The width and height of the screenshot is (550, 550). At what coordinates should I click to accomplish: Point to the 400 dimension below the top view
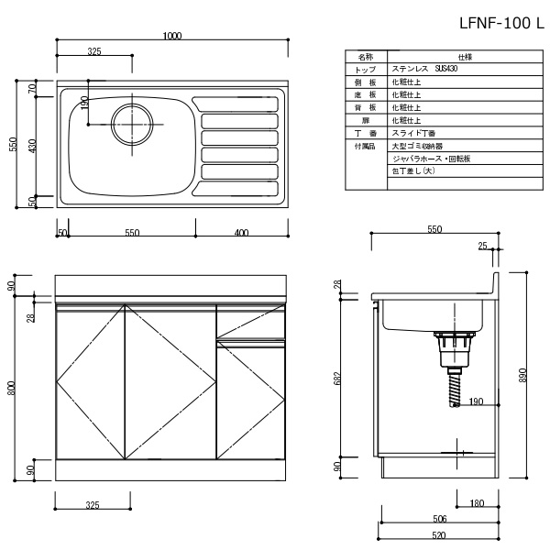(x=241, y=234)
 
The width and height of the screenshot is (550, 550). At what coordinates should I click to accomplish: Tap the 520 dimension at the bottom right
(x=439, y=534)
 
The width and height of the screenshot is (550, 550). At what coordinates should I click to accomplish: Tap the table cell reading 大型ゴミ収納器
(x=417, y=146)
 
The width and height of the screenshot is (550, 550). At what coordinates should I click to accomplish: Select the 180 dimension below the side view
(x=478, y=502)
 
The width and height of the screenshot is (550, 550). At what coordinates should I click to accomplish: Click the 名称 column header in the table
(x=366, y=56)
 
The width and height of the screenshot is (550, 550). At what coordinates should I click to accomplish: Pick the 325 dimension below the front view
(x=92, y=504)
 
